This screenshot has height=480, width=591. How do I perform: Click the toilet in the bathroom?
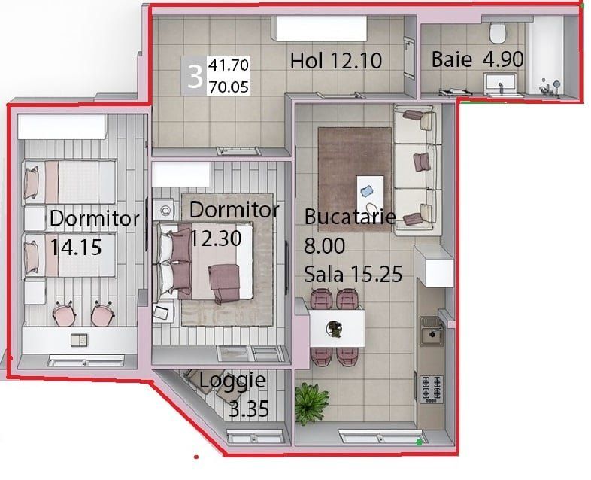pyautogui.click(x=497, y=32)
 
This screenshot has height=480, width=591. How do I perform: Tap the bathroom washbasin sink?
pyautogui.click(x=501, y=84)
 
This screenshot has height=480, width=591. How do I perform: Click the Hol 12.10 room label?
pyautogui.click(x=336, y=61)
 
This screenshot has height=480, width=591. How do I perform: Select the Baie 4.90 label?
pyautogui.click(x=477, y=59)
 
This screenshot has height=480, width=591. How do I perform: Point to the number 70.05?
pyautogui.click(x=229, y=87)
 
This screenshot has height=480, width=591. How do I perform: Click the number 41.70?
pyautogui.click(x=229, y=65)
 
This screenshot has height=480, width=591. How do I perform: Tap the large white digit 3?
pyautogui.click(x=195, y=77)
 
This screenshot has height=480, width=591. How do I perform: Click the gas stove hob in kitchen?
pyautogui.click(x=432, y=389)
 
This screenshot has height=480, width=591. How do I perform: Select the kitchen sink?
pyautogui.click(x=432, y=332)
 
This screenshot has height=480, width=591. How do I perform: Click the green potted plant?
pyautogui.click(x=311, y=403)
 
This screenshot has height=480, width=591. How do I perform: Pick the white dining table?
pyautogui.click(x=337, y=329)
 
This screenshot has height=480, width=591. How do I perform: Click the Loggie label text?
pyautogui.click(x=232, y=381)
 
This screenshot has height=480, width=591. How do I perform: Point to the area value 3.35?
pyautogui.click(x=249, y=409)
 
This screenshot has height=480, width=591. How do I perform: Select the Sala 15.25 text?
pyautogui.click(x=353, y=274)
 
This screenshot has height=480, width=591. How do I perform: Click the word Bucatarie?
pyautogui.click(x=350, y=217)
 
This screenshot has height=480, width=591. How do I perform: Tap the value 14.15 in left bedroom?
pyautogui.click(x=76, y=248)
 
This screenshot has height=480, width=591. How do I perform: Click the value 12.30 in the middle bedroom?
pyautogui.click(x=216, y=238)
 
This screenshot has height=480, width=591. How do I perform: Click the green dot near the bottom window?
pyautogui.click(x=419, y=442)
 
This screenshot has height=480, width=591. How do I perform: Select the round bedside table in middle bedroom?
pyautogui.click(x=165, y=210)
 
